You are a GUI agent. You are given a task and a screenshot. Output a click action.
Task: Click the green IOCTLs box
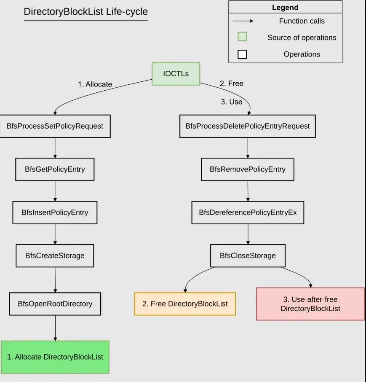[176, 74]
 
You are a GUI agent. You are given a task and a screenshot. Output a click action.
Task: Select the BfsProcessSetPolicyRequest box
[55, 126]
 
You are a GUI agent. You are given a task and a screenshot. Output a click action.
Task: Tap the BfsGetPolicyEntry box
[55, 169]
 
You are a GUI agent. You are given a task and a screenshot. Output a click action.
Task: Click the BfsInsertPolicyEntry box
[55, 212]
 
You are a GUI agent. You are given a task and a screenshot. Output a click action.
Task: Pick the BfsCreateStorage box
[55, 256]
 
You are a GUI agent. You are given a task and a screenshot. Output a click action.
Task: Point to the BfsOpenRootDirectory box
[55, 304]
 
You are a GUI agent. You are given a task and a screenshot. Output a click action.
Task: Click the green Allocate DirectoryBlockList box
[55, 357]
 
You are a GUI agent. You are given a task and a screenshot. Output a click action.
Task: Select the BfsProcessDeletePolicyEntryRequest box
[248, 126]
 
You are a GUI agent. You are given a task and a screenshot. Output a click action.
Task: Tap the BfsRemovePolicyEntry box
[248, 169]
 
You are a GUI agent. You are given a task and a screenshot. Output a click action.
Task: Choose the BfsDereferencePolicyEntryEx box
[248, 212]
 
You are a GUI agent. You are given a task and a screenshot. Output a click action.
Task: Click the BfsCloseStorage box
[248, 256]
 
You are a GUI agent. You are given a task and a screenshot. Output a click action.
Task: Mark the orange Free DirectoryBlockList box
[185, 304]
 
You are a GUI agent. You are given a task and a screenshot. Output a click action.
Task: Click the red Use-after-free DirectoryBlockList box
[310, 304]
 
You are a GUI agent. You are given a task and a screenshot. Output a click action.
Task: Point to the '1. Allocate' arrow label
[95, 84]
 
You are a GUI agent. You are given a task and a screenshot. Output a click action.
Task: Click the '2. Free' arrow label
[232, 83]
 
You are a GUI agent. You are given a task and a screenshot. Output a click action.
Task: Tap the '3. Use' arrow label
[232, 102]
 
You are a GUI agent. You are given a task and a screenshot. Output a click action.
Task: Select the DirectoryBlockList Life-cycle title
[86, 12]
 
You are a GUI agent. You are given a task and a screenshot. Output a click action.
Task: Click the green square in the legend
[242, 37]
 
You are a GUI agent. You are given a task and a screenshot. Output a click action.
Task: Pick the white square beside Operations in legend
[242, 54]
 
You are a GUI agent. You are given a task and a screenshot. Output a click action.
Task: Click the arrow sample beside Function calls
[245, 21]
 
